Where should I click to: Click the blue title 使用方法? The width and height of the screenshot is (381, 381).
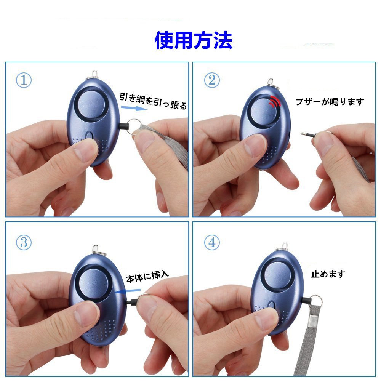194,40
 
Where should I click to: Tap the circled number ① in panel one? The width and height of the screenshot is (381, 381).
24,80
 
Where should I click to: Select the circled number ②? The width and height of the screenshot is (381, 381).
212,80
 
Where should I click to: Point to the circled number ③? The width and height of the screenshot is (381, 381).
24,242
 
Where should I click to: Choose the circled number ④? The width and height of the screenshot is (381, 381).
212,242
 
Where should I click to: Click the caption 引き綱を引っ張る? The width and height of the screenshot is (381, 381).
153,101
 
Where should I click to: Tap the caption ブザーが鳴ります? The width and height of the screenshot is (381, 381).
330,102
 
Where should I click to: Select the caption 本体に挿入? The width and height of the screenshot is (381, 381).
147,277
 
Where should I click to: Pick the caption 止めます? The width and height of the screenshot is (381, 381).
328,274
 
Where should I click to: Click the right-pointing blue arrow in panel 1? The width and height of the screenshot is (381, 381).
134,108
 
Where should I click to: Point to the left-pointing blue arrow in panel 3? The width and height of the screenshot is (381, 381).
128,291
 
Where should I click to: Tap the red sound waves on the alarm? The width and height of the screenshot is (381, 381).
275,101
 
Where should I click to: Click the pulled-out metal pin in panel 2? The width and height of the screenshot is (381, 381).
309,134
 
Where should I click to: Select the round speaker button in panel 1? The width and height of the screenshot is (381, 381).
91,104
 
